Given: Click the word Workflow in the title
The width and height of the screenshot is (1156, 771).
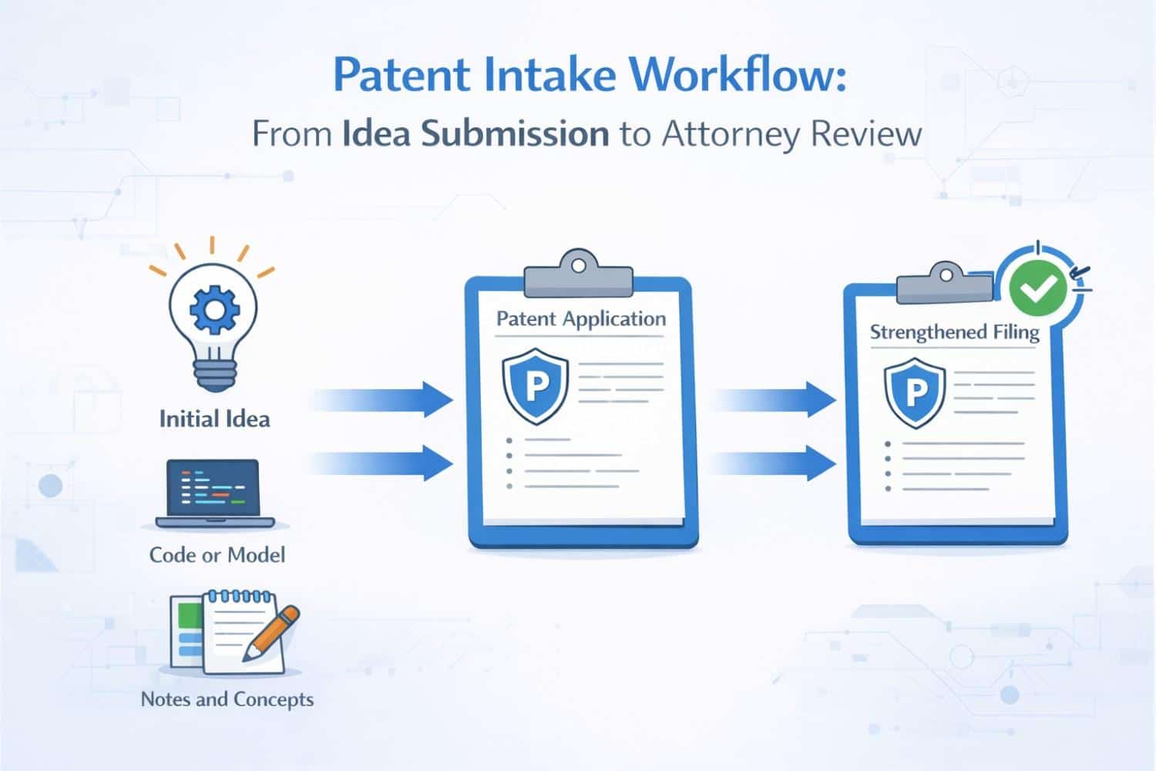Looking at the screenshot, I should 738,75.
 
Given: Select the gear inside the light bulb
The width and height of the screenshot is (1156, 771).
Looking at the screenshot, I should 214,310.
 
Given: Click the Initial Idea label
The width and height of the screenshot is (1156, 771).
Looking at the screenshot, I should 214,419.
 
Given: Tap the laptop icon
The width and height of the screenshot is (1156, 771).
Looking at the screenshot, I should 215,494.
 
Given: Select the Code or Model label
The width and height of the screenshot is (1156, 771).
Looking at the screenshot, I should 217,555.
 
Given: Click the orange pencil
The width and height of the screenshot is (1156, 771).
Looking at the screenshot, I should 271,632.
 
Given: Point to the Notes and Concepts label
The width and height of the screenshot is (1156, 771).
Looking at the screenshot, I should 227,699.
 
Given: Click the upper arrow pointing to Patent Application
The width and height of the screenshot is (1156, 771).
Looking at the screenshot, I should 385,399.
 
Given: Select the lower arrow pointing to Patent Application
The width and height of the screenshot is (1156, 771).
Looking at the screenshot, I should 385,463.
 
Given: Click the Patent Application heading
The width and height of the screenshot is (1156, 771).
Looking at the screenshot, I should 580,319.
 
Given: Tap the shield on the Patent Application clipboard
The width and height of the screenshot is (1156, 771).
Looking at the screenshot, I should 536,385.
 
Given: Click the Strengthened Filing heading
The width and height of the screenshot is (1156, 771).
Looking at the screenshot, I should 954,332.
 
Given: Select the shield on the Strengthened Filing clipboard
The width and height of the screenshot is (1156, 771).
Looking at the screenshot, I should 915,392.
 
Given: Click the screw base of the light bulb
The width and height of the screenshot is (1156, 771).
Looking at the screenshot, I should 213,376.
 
